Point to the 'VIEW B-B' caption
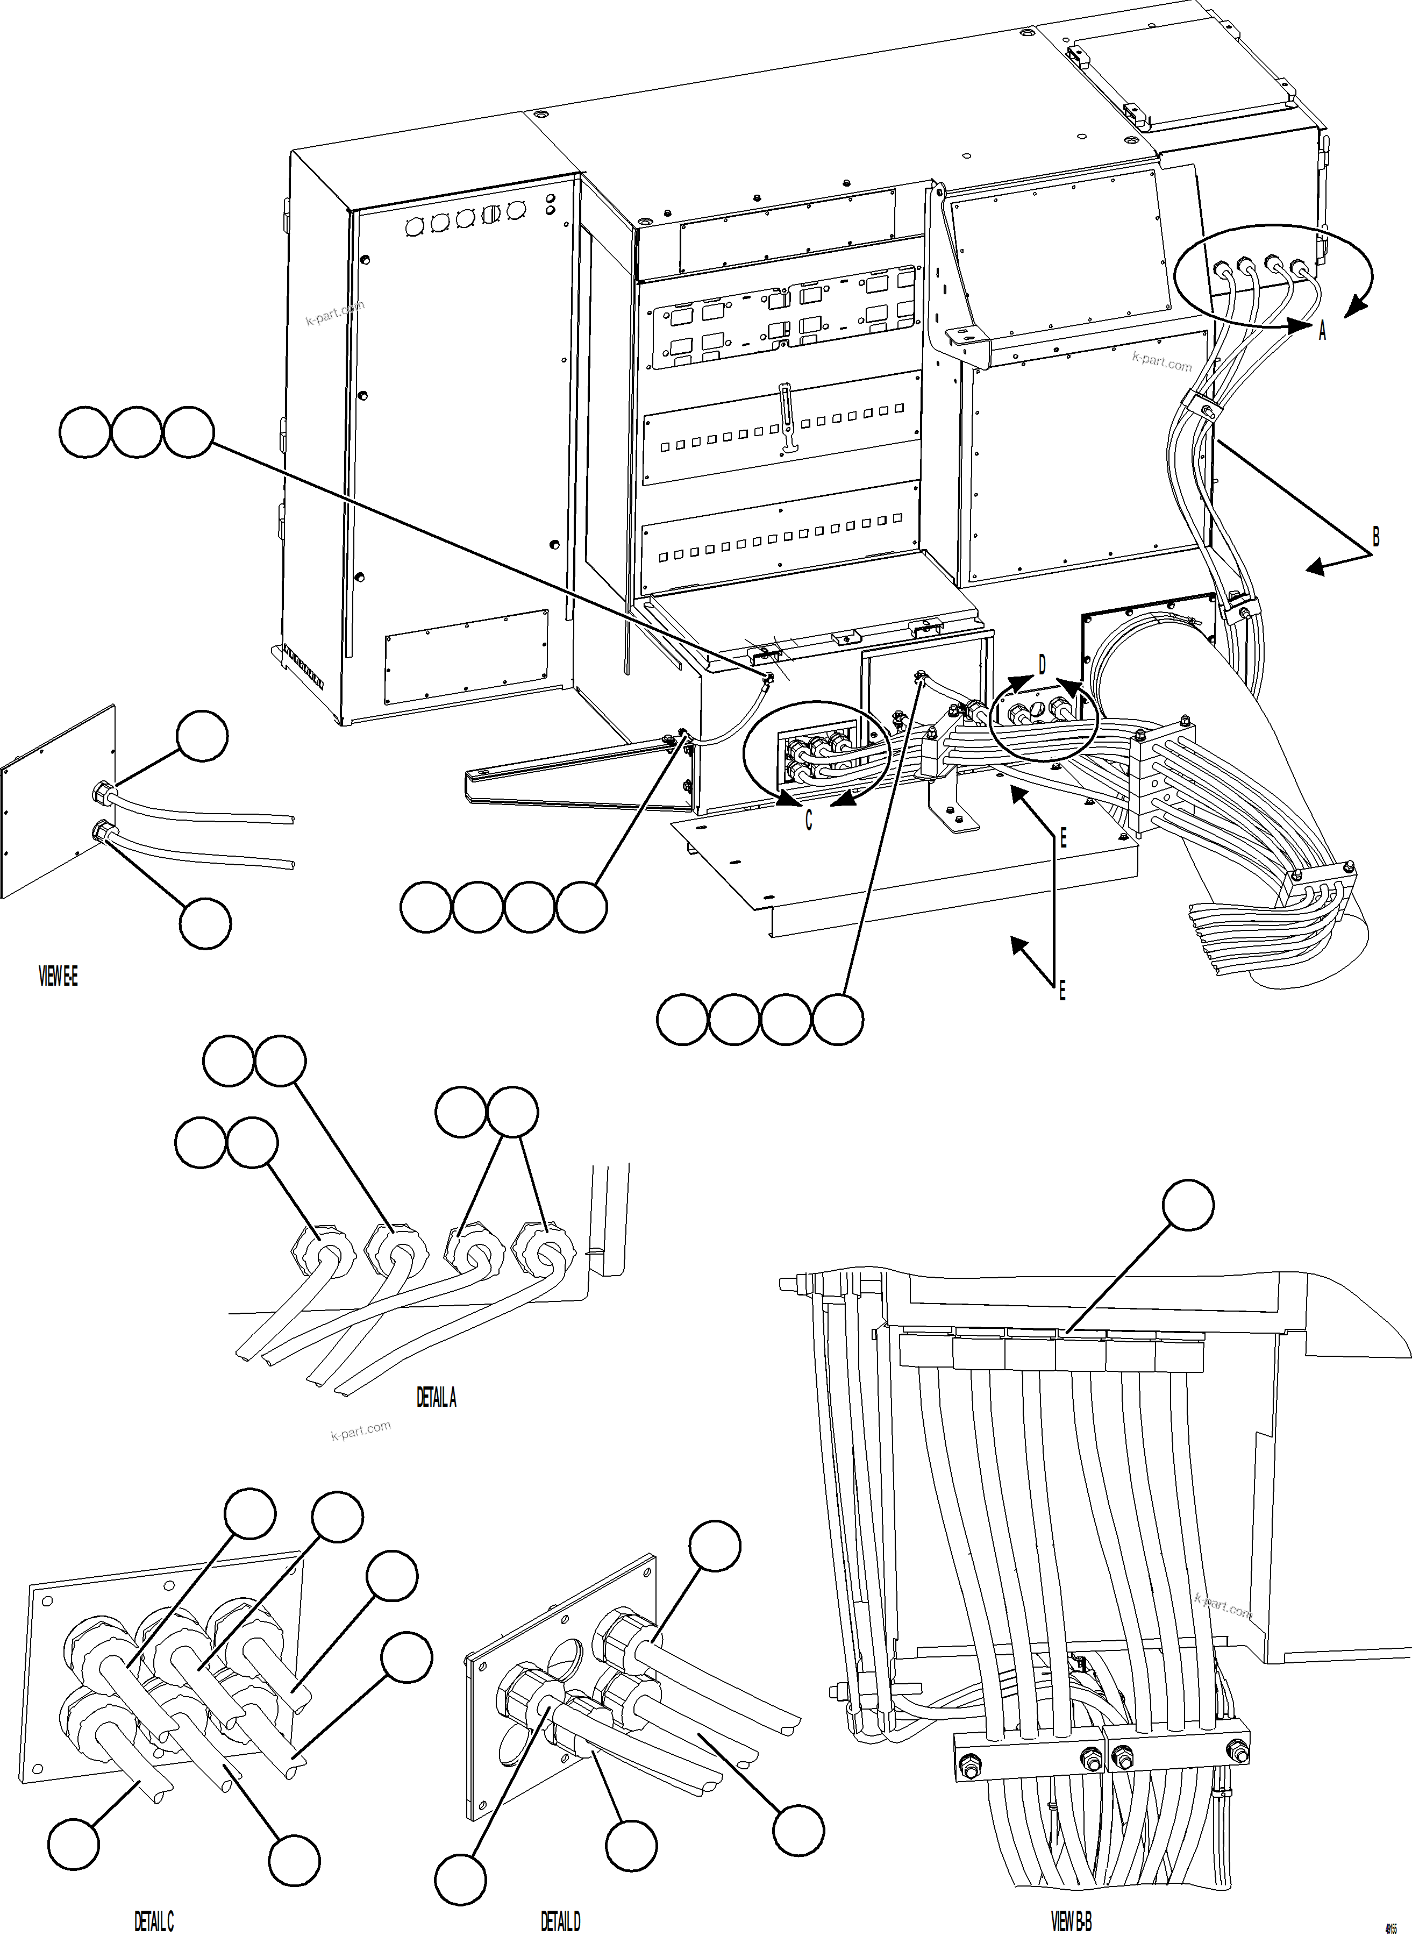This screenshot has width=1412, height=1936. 1071,1920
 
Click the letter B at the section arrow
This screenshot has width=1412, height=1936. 1375,537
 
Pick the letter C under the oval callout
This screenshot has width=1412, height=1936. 809,821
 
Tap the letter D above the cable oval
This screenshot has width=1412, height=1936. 1042,665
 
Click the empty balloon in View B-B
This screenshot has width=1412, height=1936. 1188,1205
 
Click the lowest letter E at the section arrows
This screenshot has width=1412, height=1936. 1062,992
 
